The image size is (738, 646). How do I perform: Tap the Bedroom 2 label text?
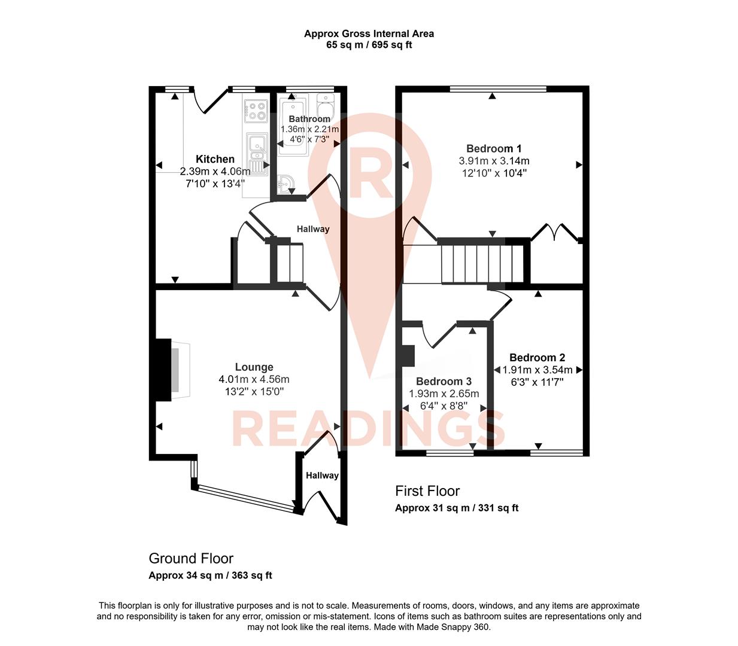point(537,358)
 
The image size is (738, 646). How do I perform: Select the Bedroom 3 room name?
point(444,382)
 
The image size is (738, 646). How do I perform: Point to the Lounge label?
point(254,367)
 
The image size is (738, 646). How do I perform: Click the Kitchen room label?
point(215,159)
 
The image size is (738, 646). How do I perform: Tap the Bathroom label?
point(309,119)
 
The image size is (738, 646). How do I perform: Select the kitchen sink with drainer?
point(257,153)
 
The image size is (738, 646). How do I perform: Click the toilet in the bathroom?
point(325,108)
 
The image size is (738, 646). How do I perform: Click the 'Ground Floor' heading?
point(191,559)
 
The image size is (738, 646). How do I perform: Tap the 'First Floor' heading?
point(427,491)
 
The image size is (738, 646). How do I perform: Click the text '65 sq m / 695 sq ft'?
point(369,45)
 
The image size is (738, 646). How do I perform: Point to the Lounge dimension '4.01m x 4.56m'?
point(254,379)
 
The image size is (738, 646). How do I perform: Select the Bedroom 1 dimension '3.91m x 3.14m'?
point(494,161)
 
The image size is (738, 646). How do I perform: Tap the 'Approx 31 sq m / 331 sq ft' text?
point(456,508)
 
